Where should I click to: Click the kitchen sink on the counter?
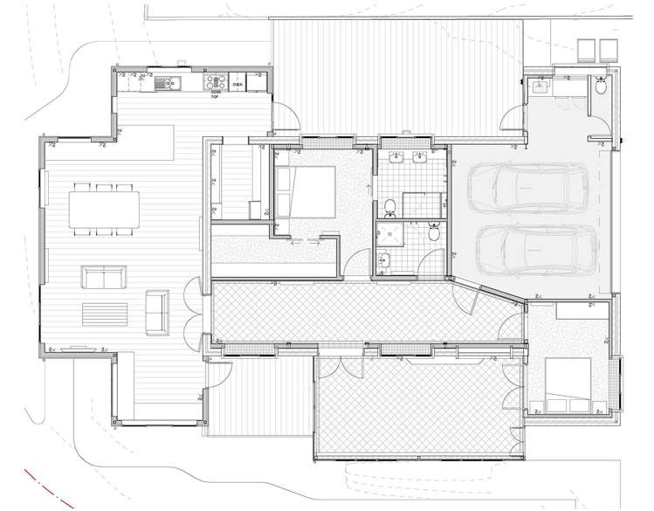[x=165, y=85]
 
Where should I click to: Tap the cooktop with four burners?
[x=213, y=84]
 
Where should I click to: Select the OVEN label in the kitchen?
[x=238, y=85]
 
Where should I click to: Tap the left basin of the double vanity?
[x=395, y=159]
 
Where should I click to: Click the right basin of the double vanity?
[x=419, y=159]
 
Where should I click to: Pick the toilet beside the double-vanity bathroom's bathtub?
[x=391, y=206]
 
